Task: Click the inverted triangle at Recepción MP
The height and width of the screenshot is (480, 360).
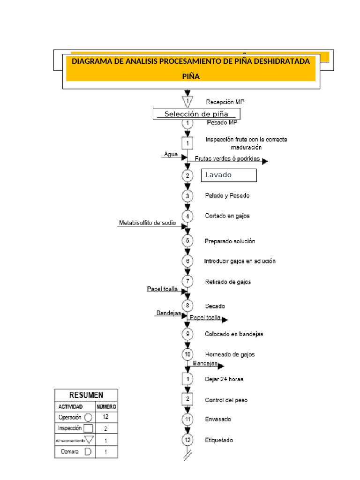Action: (187, 101)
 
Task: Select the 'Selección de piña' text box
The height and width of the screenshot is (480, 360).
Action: (196, 114)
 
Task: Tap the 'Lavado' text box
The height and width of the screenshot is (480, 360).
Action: (229, 175)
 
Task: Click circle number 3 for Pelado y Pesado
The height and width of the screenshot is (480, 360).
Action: (187, 196)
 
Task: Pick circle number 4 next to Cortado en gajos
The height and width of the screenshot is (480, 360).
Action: (187, 216)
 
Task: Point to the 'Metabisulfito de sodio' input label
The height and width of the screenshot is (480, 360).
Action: (147, 223)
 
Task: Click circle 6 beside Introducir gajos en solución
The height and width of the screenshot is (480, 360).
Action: (187, 261)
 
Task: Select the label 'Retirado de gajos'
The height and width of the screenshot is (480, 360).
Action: (228, 282)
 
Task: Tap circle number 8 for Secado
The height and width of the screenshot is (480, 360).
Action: (187, 306)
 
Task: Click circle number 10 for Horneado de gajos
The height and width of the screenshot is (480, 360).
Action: (187, 354)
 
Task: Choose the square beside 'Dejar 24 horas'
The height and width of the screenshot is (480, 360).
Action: (187, 378)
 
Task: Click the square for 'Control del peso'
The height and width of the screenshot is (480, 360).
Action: (187, 399)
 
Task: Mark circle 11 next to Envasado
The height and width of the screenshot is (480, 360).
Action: (187, 419)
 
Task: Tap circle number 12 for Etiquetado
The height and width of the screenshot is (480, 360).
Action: (187, 440)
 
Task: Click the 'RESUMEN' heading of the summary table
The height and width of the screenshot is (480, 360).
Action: (87, 395)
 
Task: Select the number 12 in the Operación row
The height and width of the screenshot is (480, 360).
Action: (106, 417)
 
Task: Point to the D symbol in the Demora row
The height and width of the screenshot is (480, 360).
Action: (88, 452)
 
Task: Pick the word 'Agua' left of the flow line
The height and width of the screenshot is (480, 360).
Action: (171, 154)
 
